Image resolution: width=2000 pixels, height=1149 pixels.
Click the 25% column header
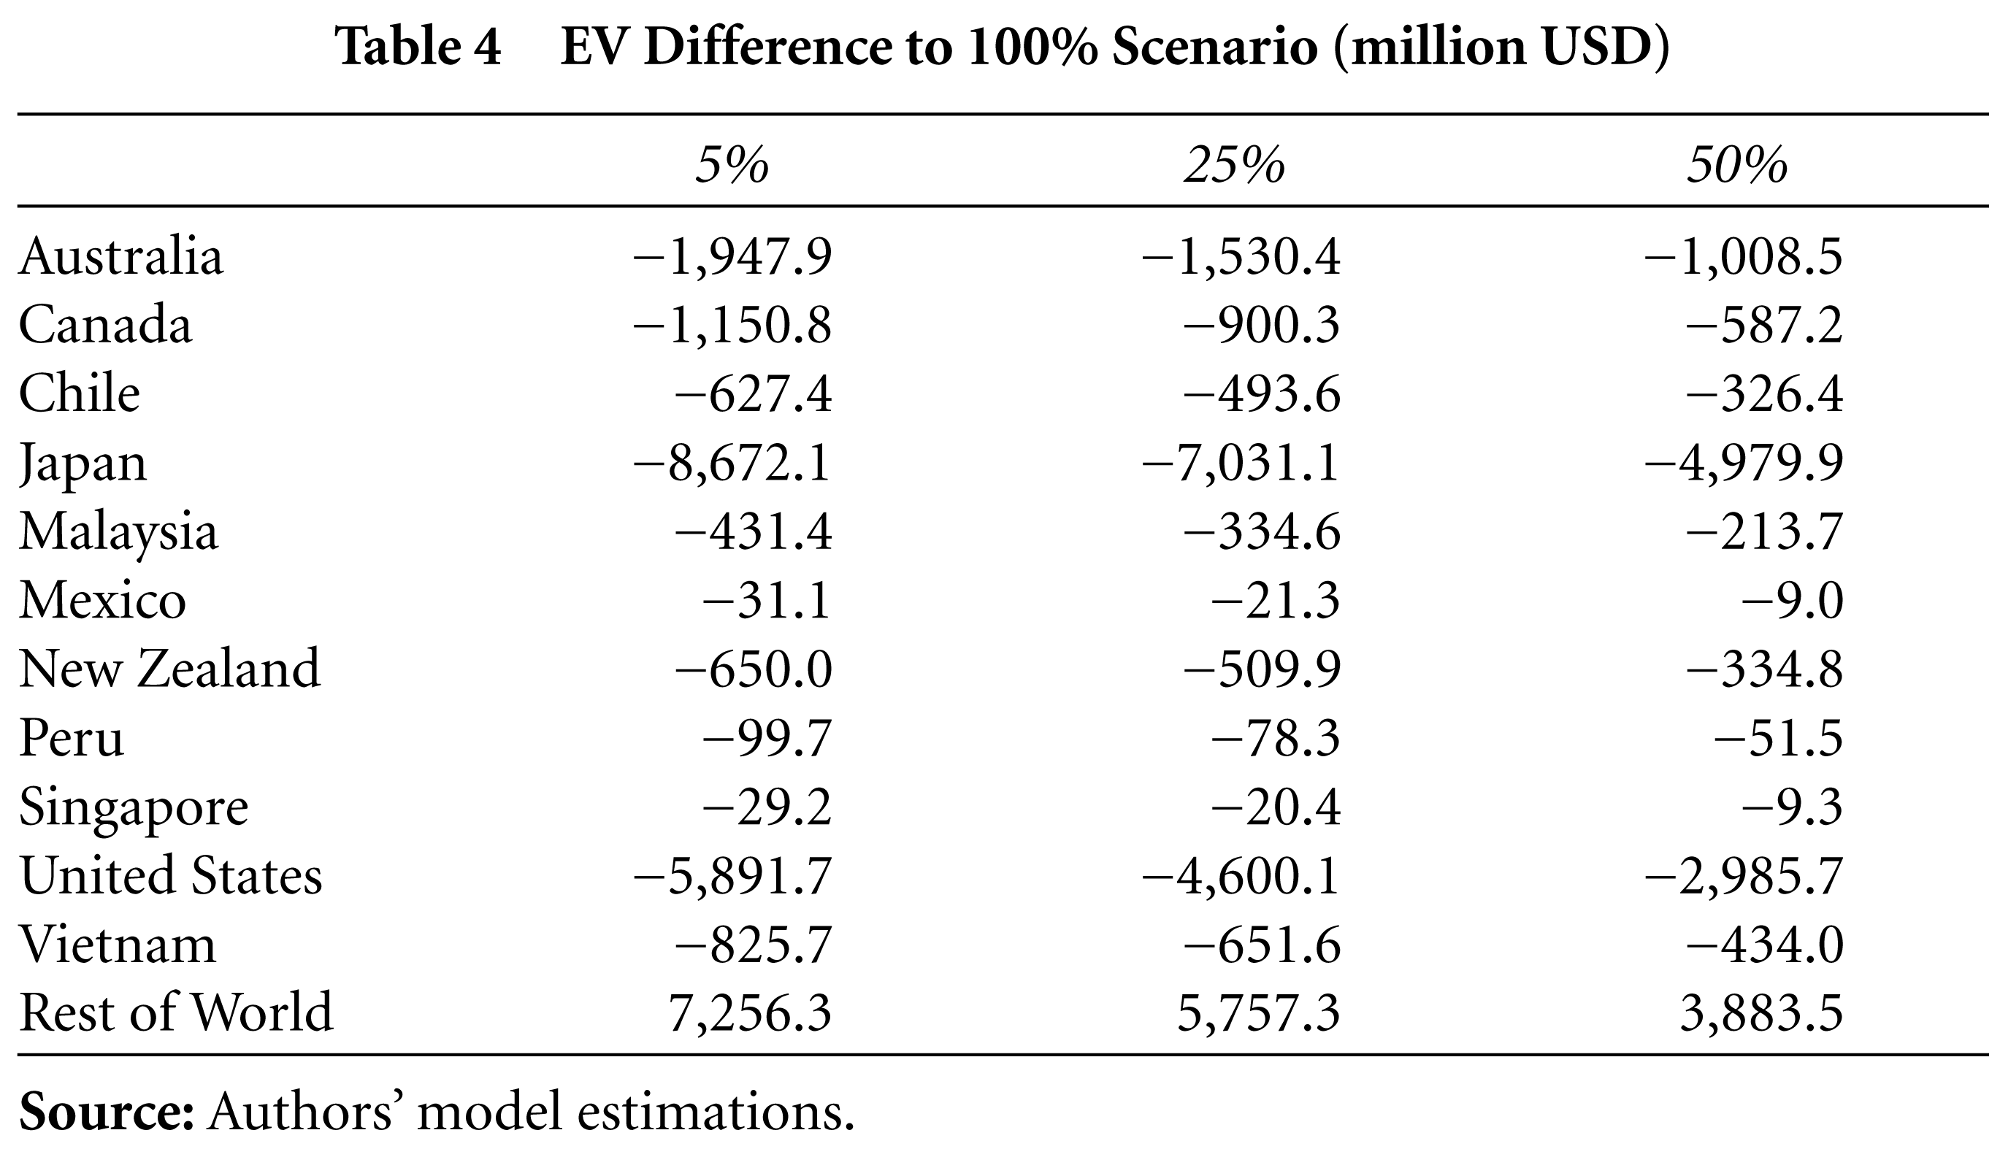tap(1235, 166)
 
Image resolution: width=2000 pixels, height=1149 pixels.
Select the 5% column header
tap(732, 166)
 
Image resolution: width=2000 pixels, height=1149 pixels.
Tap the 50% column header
tap(1737, 166)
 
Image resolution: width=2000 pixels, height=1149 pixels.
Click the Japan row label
tap(83, 464)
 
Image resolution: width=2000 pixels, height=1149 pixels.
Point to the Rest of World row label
tap(176, 1012)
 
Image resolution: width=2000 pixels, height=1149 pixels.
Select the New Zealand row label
tap(169, 669)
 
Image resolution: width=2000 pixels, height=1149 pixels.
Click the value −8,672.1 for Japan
tap(732, 464)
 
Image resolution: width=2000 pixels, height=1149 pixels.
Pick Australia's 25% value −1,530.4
tap(1241, 257)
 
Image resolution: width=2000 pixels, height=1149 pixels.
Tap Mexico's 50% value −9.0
tap(1793, 601)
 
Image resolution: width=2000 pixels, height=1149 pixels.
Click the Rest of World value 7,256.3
tap(750, 1012)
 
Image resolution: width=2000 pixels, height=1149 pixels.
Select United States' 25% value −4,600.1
tap(1241, 875)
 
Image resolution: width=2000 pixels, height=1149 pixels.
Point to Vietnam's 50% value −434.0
tap(1765, 944)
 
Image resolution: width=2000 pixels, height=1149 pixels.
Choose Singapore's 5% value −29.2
tap(767, 807)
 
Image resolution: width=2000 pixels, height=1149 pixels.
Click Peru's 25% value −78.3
tap(1276, 738)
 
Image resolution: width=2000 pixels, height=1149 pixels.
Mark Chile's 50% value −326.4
tap(1765, 395)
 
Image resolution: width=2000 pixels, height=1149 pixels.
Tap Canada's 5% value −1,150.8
tap(732, 326)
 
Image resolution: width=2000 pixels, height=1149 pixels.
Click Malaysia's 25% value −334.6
tap(1262, 532)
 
